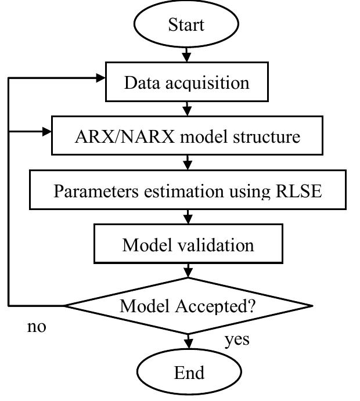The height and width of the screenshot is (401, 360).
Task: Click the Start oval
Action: pyautogui.click(x=187, y=25)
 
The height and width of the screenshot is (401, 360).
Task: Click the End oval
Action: pyautogui.click(x=189, y=371)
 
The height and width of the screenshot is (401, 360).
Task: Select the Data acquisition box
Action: pyautogui.click(x=186, y=82)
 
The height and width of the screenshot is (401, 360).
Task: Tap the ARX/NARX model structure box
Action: pyautogui.click(x=187, y=136)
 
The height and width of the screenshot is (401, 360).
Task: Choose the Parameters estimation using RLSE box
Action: pyautogui.click(x=187, y=191)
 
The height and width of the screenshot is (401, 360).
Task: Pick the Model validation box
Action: pyautogui.click(x=188, y=244)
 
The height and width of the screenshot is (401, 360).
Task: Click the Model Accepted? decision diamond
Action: pyautogui.click(x=188, y=305)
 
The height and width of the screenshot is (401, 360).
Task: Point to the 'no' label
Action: pyautogui.click(x=37, y=327)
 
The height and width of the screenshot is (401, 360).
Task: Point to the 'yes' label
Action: pyautogui.click(x=237, y=338)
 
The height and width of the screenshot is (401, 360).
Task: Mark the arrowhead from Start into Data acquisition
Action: pyautogui.click(x=187, y=57)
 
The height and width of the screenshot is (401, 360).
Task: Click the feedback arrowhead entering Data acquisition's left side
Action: pyautogui.click(x=99, y=77)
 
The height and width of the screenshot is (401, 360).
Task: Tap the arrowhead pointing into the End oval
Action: pyautogui.click(x=188, y=345)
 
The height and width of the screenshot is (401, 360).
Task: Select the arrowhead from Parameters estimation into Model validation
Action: pyautogui.click(x=188, y=219)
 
